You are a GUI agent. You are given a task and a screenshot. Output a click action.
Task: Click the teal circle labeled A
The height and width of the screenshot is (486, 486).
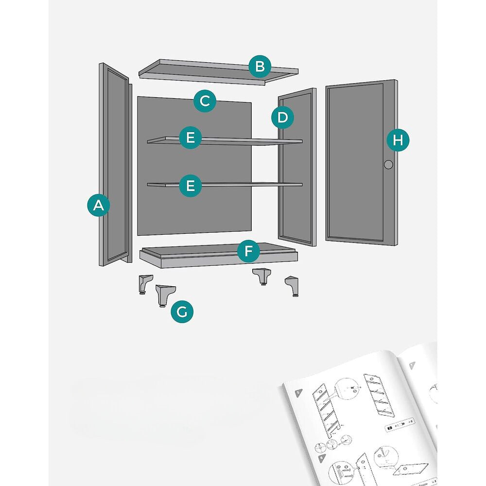tap(99, 206)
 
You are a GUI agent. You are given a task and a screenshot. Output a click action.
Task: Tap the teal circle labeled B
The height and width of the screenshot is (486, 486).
tap(260, 67)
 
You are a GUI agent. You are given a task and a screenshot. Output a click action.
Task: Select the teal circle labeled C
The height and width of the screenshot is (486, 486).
tap(205, 101)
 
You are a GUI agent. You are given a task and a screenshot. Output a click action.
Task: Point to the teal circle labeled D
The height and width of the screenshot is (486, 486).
tap(283, 117)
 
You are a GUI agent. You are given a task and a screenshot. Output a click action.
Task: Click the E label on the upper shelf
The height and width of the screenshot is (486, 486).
tap(191, 138)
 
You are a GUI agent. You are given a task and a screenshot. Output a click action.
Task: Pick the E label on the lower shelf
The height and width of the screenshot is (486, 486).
tap(191, 185)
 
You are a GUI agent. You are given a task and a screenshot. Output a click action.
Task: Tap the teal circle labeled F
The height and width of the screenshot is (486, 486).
tap(248, 251)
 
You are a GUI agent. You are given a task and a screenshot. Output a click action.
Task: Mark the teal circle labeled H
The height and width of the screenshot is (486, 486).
tap(398, 140)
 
